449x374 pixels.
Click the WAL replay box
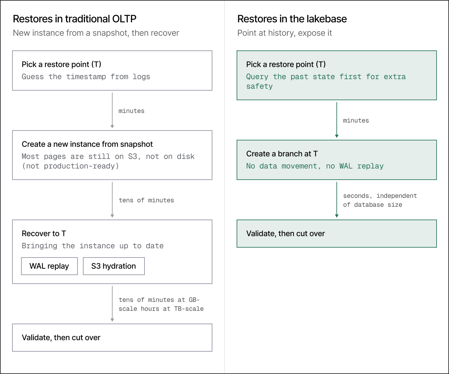49,266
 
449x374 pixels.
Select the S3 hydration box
114,266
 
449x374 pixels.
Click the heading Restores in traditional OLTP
75,19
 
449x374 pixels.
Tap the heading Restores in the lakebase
292,19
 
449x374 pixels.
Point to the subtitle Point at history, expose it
285,33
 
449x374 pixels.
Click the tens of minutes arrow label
146,200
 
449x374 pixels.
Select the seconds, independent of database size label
380,200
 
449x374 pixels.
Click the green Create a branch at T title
282,153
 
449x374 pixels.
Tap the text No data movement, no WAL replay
315,166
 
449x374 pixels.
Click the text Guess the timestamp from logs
86,77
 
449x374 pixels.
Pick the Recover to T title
44,234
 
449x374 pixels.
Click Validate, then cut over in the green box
286,234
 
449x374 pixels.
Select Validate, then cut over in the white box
61,338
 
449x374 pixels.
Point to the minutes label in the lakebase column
356,121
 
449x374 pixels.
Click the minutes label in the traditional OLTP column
131,111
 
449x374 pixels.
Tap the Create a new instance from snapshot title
87,144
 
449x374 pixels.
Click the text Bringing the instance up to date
93,246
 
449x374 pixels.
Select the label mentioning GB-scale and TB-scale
161,304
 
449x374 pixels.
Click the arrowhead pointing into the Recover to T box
112,216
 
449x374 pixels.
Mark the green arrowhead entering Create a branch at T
337,136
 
